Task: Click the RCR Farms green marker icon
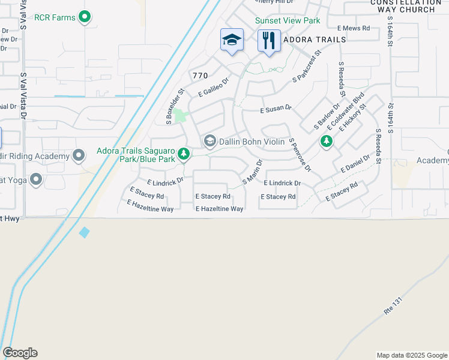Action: click(x=85, y=17)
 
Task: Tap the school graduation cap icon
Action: click(x=232, y=40)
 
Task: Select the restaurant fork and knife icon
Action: click(x=269, y=40)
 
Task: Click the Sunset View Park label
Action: click(x=288, y=20)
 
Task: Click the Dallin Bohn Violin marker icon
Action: click(x=209, y=141)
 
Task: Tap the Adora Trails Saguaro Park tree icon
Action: click(x=184, y=155)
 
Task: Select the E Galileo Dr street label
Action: click(x=214, y=88)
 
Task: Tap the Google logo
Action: click(x=20, y=353)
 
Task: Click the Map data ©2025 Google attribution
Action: click(x=412, y=355)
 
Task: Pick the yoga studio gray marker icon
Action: click(x=36, y=179)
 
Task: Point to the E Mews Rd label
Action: click(x=352, y=28)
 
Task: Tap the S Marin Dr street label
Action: click(x=253, y=172)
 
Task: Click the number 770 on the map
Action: click(x=200, y=76)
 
